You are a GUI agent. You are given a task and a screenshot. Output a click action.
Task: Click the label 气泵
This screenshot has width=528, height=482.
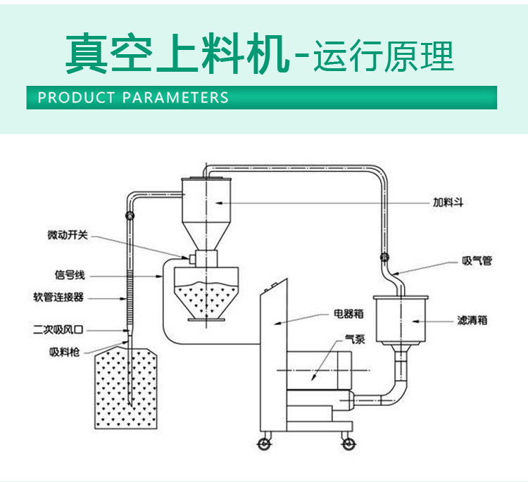coord(354,339)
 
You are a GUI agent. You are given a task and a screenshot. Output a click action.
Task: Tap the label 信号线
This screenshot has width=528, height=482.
coord(70,276)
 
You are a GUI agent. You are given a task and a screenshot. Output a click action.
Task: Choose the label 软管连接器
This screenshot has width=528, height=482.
coord(58,298)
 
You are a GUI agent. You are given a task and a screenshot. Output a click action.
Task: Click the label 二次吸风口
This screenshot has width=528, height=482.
coord(58,329)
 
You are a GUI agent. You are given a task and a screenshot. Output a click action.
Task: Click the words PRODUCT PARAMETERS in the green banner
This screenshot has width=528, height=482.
coord(133,97)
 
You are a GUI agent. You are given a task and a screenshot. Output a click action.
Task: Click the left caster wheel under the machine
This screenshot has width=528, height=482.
coord(263,444)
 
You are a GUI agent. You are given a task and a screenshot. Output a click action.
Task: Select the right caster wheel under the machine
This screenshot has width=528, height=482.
coord(347,444)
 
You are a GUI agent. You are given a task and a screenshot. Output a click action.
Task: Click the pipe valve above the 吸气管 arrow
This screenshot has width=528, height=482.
coord(385,258)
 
